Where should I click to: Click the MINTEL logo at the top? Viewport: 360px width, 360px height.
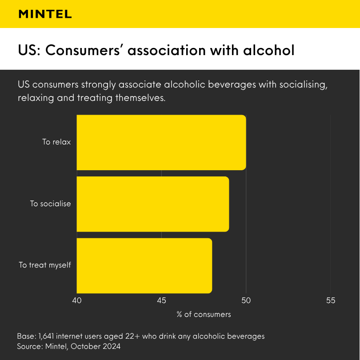(45, 14)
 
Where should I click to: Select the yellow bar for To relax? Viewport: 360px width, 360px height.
(161, 142)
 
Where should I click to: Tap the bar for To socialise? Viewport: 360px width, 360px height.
(152, 204)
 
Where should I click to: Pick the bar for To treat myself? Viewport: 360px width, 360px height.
(144, 265)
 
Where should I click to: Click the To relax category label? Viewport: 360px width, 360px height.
(56, 142)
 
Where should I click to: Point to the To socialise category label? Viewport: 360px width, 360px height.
(50, 204)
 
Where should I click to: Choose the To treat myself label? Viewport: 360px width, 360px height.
(44, 265)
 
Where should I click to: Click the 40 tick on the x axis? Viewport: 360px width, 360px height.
(77, 300)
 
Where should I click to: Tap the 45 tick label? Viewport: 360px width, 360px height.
(161, 300)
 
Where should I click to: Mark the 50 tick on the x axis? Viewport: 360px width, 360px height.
(246, 300)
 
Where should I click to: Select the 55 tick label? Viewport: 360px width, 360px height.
(330, 300)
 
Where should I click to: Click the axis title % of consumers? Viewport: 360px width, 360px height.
(204, 314)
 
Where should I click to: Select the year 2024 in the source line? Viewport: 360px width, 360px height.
(110, 346)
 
